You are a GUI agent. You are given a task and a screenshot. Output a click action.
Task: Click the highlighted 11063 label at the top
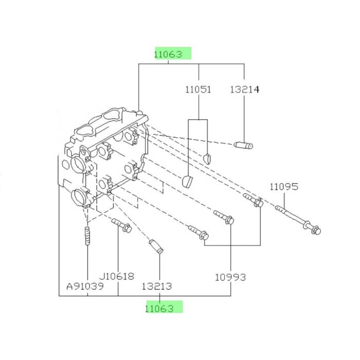(x=168, y=55)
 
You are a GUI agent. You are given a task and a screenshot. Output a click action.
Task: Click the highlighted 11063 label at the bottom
(x=159, y=309)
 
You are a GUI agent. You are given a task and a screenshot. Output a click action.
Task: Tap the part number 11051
(x=198, y=89)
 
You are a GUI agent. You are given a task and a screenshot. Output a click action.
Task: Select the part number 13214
(x=244, y=89)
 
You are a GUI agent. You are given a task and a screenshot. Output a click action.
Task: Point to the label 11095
(x=284, y=187)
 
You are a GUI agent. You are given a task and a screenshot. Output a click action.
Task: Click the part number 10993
(x=230, y=277)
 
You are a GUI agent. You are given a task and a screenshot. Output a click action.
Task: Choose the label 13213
(x=156, y=286)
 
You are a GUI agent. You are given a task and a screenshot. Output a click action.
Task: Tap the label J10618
(x=116, y=276)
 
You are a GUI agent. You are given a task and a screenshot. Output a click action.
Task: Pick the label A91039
(x=85, y=286)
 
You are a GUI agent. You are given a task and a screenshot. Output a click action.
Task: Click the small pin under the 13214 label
(x=243, y=146)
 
